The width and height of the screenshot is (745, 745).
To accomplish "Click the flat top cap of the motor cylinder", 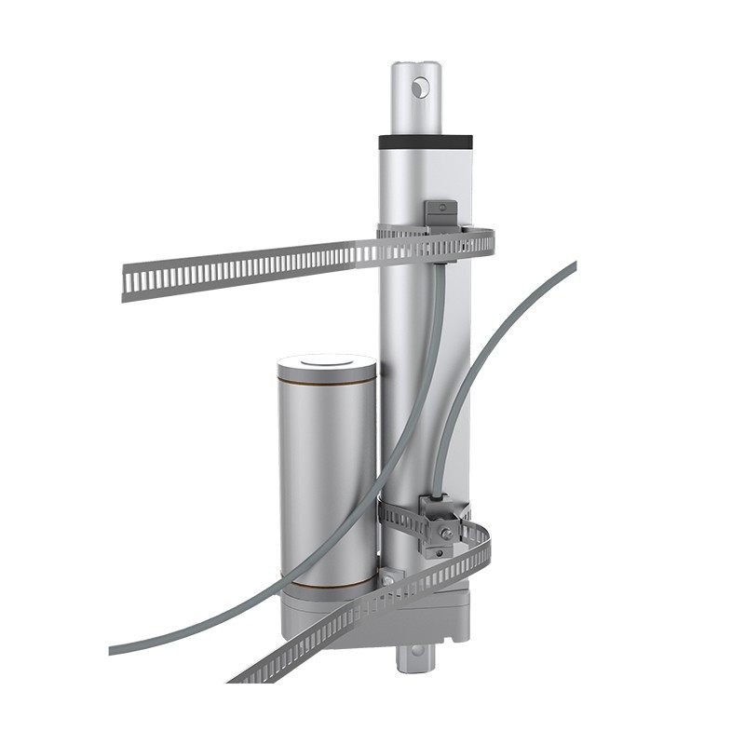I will point(326,362).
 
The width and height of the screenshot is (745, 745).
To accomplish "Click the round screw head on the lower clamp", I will point(448,534).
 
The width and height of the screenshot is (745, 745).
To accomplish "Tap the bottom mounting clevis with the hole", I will point(415,657).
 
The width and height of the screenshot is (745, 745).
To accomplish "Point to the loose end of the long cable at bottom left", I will point(114,648).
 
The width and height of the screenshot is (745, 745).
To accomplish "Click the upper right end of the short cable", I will point(572,266).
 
